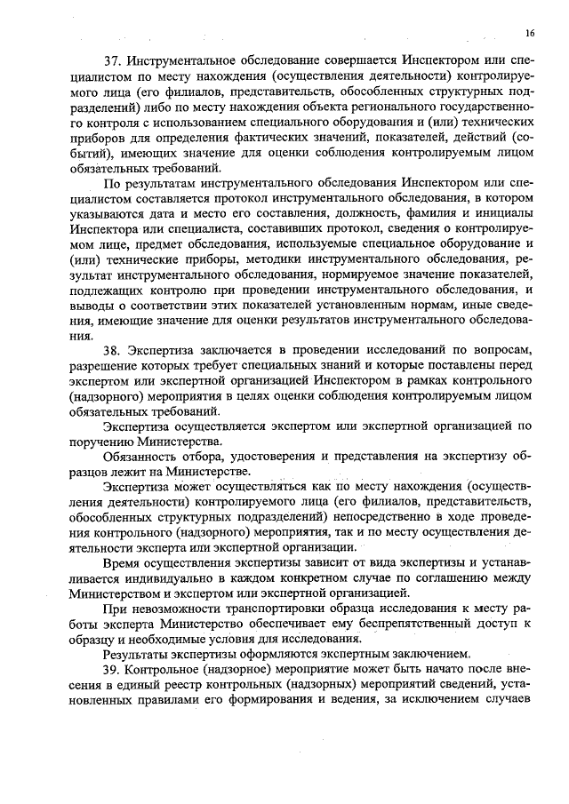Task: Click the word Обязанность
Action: click(142, 456)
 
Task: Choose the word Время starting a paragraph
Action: click(121, 562)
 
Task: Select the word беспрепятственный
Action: click(366, 624)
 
